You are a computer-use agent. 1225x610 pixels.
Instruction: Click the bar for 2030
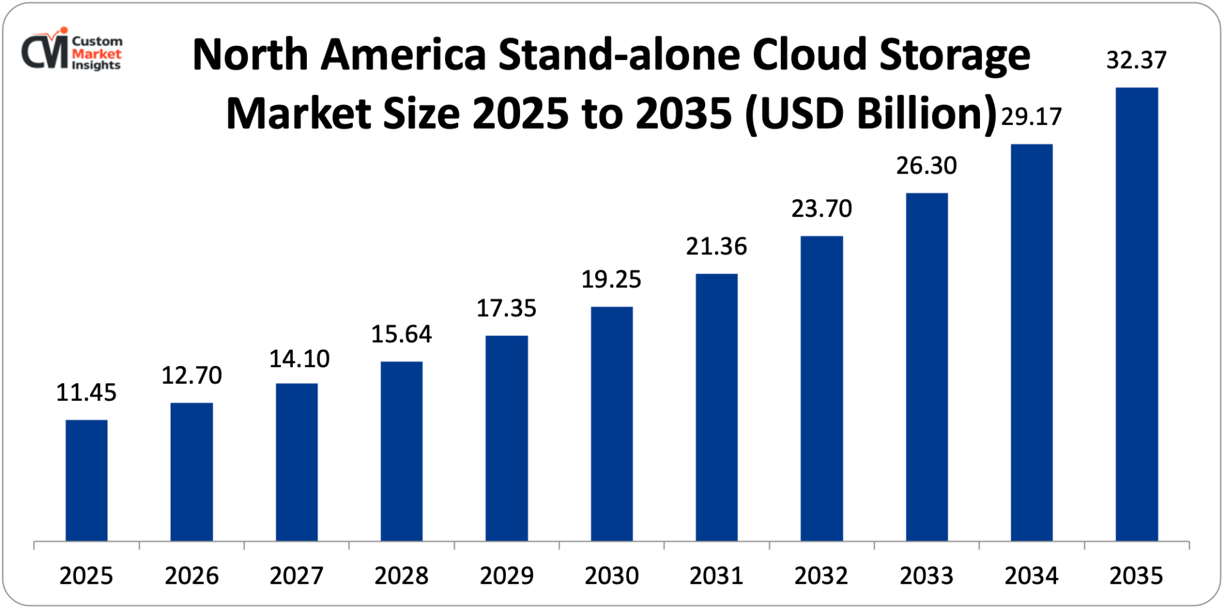point(611,424)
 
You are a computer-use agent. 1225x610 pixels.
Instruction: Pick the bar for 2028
point(401,451)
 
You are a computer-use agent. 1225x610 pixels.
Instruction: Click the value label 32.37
point(1136,60)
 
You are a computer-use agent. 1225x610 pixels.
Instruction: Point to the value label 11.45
point(86,393)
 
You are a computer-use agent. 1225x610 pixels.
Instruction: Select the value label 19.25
point(611,280)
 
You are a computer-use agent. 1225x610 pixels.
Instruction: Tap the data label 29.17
point(1031,116)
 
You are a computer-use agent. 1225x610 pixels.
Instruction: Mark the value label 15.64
point(401,334)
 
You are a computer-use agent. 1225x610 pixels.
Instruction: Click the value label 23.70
point(821,209)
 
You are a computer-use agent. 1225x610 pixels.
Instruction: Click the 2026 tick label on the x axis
point(192,576)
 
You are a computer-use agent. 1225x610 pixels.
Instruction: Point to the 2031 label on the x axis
point(716,576)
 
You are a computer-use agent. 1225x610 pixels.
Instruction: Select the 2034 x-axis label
point(1031,576)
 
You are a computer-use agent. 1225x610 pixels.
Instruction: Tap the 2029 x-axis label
point(507,576)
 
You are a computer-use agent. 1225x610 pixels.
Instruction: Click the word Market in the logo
point(96,53)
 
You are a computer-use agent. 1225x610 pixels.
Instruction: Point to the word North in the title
point(250,55)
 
